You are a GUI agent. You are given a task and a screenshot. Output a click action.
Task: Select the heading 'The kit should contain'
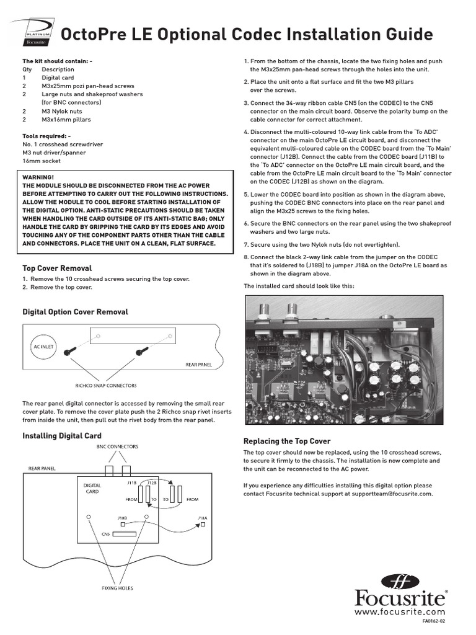pyautogui.click(x=57, y=61)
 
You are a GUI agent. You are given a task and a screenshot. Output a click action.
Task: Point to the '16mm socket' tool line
pyautogui.click(x=41, y=161)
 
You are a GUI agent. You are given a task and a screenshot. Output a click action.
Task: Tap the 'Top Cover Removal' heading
pyautogui.click(x=57, y=268)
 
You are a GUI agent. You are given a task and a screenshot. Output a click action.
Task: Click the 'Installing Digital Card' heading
pyautogui.click(x=62, y=436)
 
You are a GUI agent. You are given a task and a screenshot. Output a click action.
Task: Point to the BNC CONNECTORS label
pyautogui.click(x=117, y=446)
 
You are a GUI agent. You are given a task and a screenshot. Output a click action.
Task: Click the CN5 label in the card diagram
pyautogui.click(x=105, y=533)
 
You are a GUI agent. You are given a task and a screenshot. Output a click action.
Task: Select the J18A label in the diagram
pyautogui.click(x=202, y=517)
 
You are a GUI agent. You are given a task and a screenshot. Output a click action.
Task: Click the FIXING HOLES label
pyautogui.click(x=117, y=587)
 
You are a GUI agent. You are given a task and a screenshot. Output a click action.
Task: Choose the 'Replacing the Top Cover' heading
pyautogui.click(x=287, y=441)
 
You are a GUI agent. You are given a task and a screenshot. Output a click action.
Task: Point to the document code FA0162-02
pyautogui.click(x=434, y=621)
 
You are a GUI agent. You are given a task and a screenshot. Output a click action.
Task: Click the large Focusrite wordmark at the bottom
pyautogui.click(x=400, y=598)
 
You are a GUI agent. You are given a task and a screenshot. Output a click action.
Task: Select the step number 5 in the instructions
pyautogui.click(x=246, y=194)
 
